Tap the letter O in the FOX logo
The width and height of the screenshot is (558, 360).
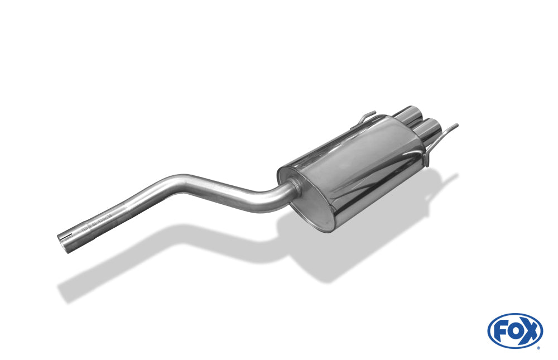tap(514, 331)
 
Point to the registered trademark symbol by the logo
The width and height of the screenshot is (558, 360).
tap(538, 347)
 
